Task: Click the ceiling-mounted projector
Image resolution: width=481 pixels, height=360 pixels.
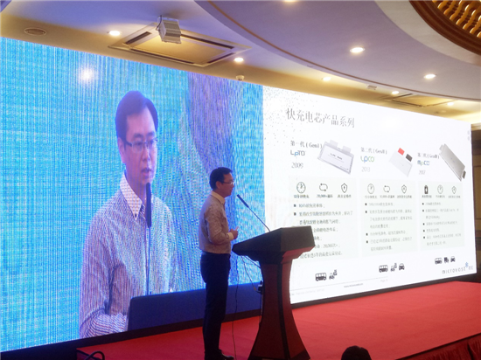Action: click(170, 31)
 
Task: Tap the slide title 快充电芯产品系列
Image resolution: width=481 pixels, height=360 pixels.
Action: click(320, 121)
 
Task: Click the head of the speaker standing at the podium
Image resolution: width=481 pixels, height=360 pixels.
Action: click(221, 180)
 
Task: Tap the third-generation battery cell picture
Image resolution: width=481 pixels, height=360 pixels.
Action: click(452, 161)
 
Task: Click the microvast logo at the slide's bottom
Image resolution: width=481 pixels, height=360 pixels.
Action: click(456, 267)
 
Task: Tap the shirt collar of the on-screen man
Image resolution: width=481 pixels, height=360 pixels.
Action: click(131, 197)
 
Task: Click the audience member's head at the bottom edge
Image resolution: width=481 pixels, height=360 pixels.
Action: click(355, 353)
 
